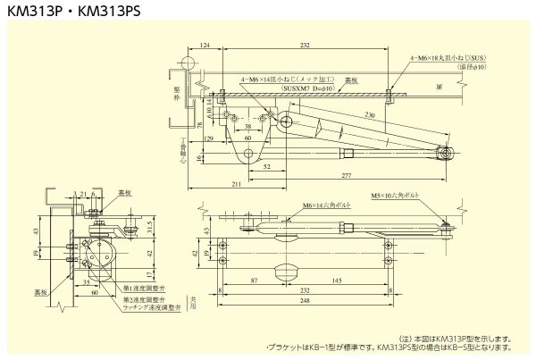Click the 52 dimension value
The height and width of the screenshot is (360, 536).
[269, 166]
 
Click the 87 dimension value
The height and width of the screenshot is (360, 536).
[255, 280]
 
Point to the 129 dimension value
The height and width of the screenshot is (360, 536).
[208, 140]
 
